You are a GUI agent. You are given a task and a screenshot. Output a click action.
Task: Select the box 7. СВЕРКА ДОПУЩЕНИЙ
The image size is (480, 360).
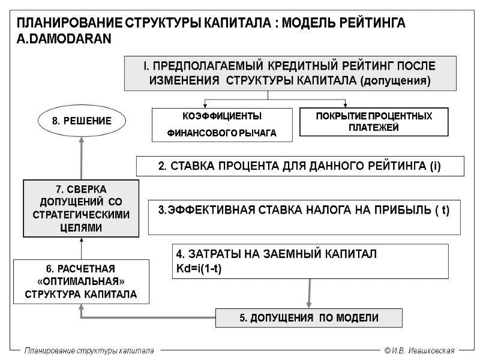tap(81, 208)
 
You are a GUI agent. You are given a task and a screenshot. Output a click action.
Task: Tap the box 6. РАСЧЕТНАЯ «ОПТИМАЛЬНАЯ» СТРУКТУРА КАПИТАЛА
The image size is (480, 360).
tap(81, 281)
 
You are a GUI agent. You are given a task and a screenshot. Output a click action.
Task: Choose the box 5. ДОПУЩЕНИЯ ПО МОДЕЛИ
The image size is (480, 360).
tap(309, 317)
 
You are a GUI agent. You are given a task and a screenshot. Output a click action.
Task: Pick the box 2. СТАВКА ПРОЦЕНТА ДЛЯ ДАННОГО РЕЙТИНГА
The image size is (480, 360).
tap(300, 166)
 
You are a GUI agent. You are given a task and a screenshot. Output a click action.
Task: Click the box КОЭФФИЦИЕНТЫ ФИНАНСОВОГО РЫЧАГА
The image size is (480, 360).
tap(222, 125)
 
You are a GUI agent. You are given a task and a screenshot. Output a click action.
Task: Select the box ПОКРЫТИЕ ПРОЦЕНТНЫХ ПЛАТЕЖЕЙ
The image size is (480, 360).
tap(374, 121)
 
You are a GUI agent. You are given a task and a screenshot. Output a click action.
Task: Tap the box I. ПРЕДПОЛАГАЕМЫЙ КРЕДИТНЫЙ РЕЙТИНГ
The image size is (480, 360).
tap(290, 73)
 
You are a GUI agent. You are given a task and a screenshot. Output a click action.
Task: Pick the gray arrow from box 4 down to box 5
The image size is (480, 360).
tap(309, 293)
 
